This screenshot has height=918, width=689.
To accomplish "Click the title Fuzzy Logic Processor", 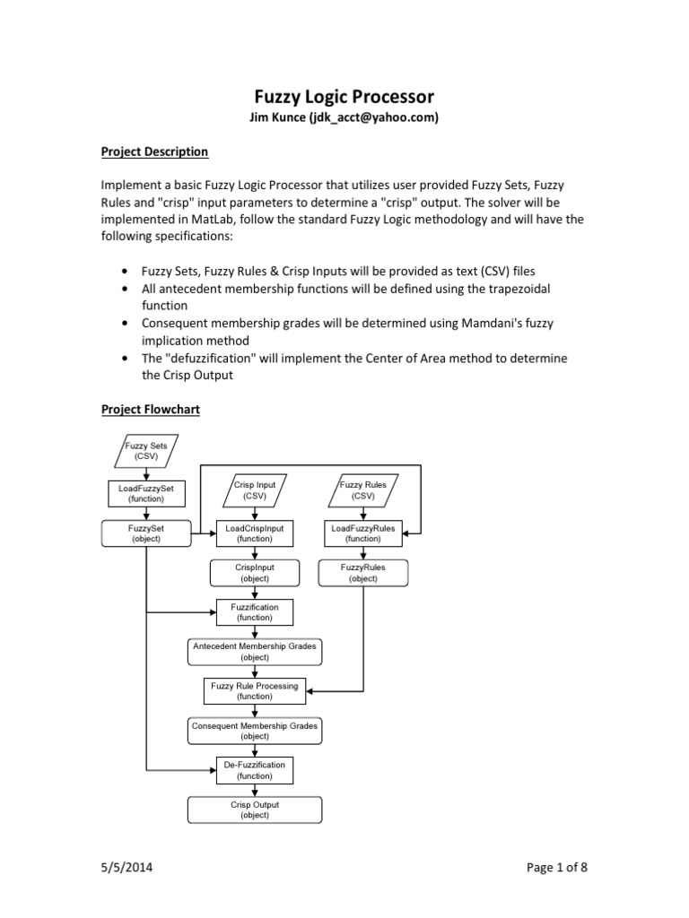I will point(344,97).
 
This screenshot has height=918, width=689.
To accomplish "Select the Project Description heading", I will point(153,152).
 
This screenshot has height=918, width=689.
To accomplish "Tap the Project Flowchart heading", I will point(150,409).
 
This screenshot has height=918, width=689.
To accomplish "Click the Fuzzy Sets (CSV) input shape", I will point(145,450).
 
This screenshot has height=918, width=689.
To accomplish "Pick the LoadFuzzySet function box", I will point(145,492).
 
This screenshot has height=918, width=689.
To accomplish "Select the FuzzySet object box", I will point(145,533).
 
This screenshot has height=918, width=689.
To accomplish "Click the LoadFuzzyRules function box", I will point(363,533).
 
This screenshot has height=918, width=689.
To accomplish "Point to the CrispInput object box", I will point(254,573).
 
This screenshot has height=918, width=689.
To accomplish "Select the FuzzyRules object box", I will point(363,573).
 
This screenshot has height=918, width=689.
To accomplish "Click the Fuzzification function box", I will point(254,612).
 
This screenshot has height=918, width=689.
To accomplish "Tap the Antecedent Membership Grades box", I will point(254,652).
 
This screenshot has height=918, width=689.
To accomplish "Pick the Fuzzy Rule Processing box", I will point(254,691).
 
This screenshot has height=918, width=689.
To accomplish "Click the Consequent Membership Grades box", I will point(254,731).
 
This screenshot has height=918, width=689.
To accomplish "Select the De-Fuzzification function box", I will point(254,770).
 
